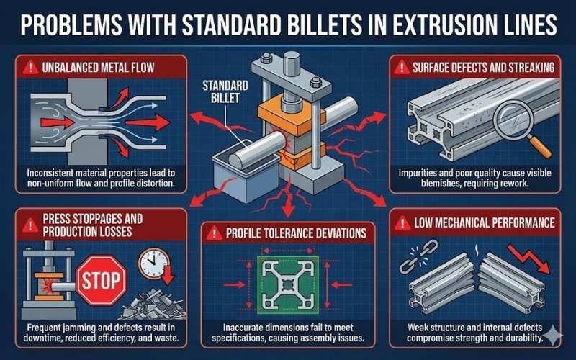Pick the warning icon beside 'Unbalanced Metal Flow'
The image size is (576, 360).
[x=30, y=69]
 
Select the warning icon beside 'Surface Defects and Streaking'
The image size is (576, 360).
[x=397, y=69]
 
